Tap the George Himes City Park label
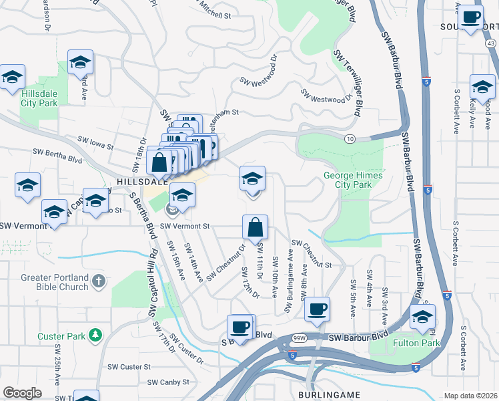(x=346, y=180)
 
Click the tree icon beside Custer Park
(x=97, y=333)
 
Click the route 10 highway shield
(x=350, y=138)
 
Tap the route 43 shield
(x=490, y=42)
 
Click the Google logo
(x=22, y=393)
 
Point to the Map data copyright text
(x=470, y=396)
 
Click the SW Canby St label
(x=169, y=382)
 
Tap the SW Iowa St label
(x=96, y=142)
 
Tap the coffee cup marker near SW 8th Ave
(x=318, y=309)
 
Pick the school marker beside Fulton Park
(x=422, y=319)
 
